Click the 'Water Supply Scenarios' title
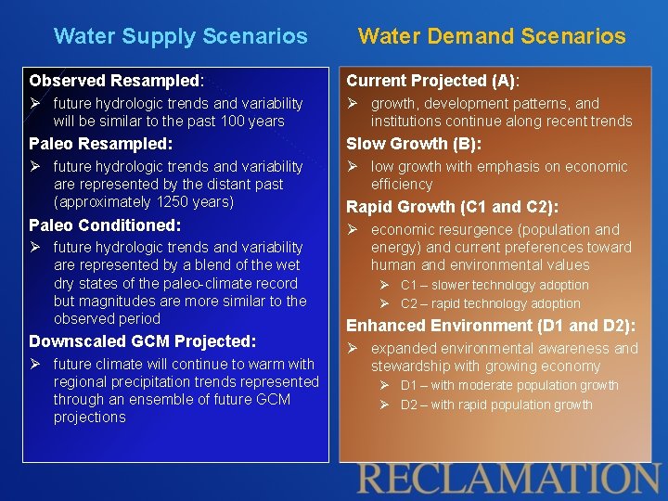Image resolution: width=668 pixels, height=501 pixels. click(x=180, y=36)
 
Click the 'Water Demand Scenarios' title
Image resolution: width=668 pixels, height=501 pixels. click(x=492, y=36)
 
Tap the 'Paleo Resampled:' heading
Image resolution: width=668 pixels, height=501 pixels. click(x=100, y=144)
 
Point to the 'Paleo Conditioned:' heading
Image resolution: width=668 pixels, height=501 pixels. click(x=105, y=225)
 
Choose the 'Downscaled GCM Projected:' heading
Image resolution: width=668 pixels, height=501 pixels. click(x=142, y=341)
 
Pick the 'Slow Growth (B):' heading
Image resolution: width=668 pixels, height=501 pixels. click(x=414, y=144)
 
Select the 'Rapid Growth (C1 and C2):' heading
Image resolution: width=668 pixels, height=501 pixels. click(x=452, y=207)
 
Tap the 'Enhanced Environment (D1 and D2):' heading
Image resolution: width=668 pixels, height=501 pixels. click(x=491, y=326)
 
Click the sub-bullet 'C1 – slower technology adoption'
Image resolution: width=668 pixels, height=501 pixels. click(x=494, y=286)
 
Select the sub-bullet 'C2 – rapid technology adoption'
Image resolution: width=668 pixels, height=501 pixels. click(x=490, y=303)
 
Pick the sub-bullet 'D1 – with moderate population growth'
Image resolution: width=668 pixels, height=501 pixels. click(x=509, y=385)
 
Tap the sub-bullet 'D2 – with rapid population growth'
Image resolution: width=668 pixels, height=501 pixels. click(x=496, y=405)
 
